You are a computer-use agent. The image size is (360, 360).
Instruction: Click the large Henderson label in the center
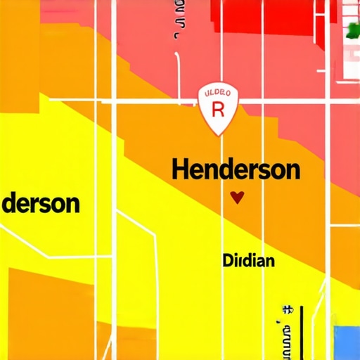pyautogui.click(x=236, y=170)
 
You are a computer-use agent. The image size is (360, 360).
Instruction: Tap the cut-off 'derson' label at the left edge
pyautogui.click(x=40, y=204)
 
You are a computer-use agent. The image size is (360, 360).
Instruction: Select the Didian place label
pyautogui.click(x=248, y=261)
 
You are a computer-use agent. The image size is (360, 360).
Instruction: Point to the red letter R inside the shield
pyautogui.click(x=217, y=110)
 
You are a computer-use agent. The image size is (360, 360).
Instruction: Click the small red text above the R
pyautogui.click(x=217, y=93)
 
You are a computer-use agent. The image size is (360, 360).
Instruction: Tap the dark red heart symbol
pyautogui.click(x=237, y=198)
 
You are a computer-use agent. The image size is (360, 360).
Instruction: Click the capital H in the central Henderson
pyautogui.click(x=181, y=170)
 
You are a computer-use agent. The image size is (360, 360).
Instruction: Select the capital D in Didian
pyautogui.click(x=228, y=261)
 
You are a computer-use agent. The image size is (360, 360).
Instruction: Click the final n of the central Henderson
pyautogui.click(x=292, y=171)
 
